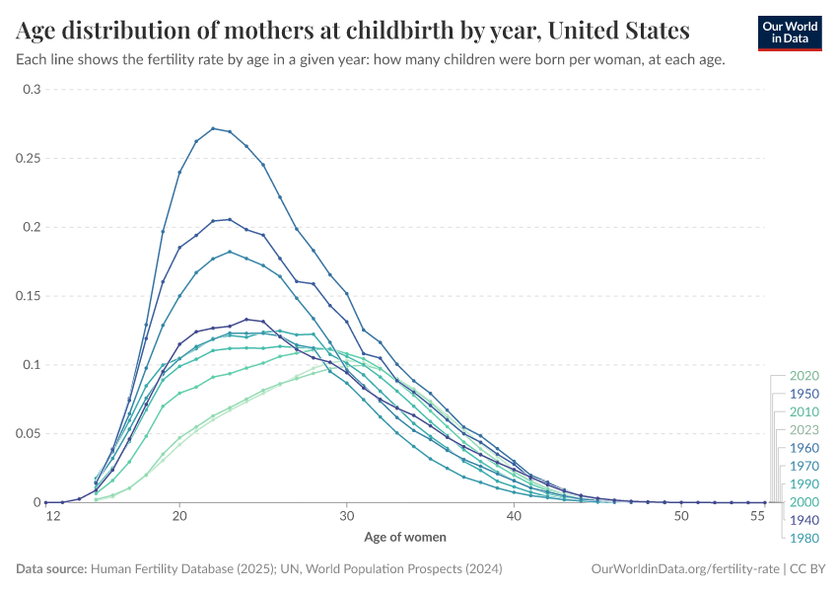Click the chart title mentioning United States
click(353, 29)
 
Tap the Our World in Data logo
click(790, 33)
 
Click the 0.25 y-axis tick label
click(29, 159)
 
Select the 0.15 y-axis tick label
click(29, 296)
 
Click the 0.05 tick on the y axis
click(29, 434)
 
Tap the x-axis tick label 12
click(45, 516)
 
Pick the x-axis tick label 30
click(347, 516)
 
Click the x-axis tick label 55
click(757, 516)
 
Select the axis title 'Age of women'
click(405, 538)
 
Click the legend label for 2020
click(804, 376)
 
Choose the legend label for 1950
click(804, 394)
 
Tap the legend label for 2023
click(804, 430)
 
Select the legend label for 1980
click(804, 538)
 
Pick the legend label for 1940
click(804, 520)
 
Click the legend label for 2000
click(804, 502)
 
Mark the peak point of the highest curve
click(213, 128)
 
